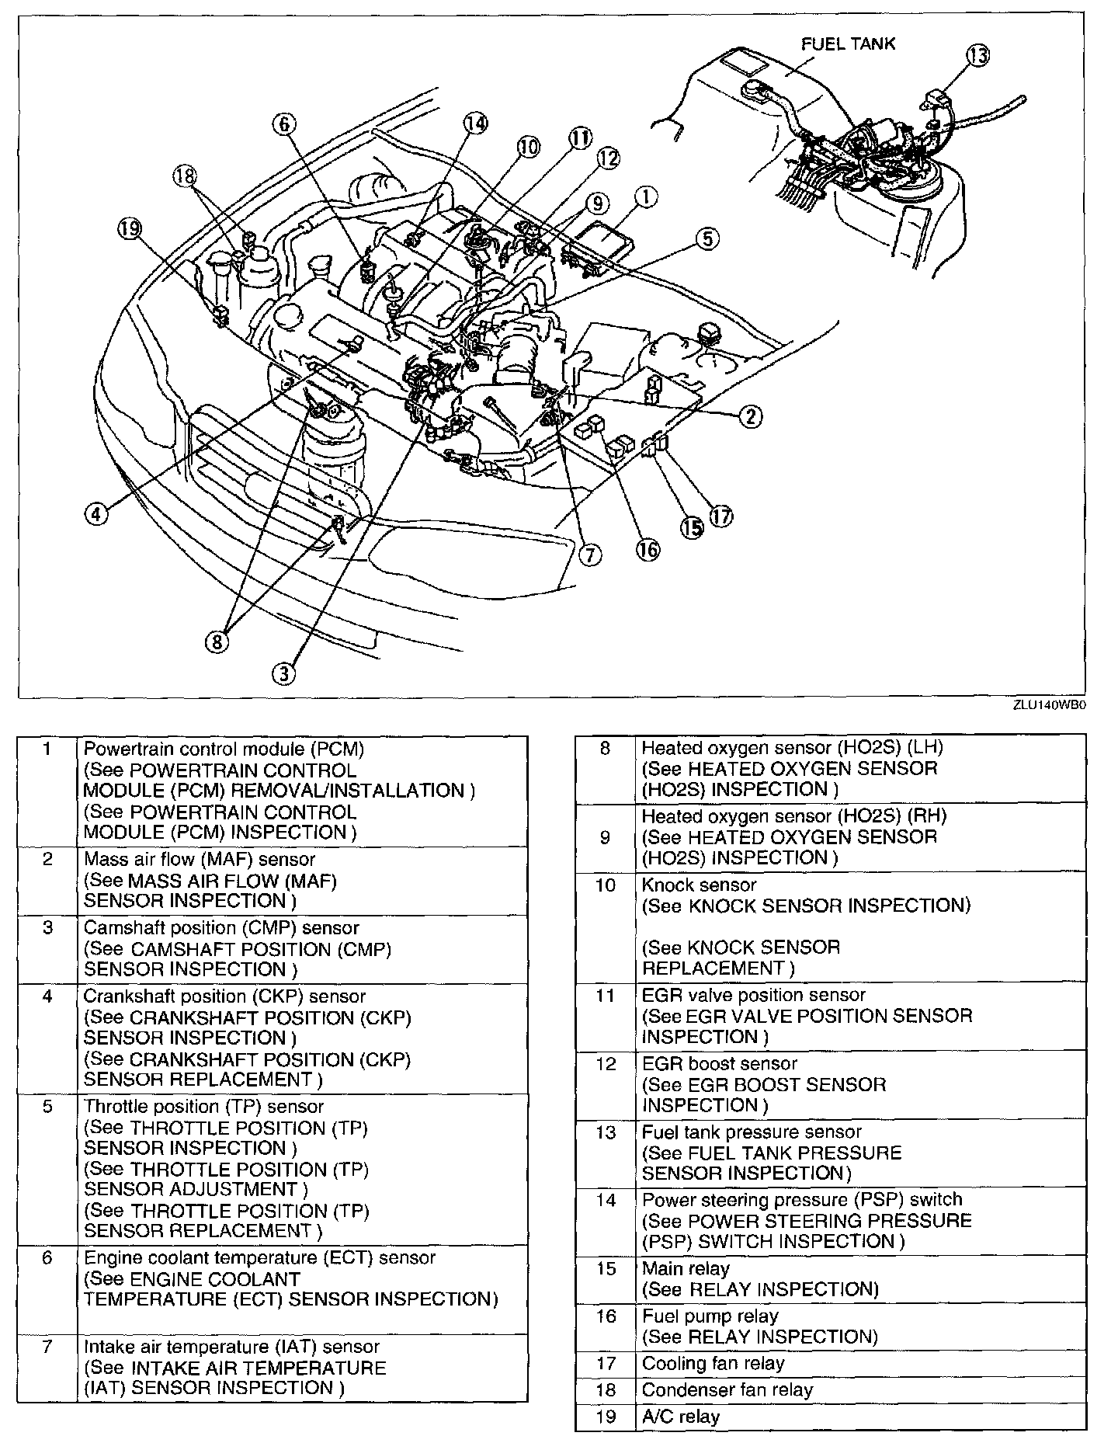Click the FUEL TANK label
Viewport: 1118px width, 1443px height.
coord(848,43)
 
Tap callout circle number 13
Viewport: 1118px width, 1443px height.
coord(978,56)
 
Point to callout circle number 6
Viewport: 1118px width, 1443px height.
coord(284,123)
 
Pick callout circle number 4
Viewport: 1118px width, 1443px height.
coord(95,514)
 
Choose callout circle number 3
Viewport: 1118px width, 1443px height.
coord(284,673)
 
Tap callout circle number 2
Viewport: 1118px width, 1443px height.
coord(749,417)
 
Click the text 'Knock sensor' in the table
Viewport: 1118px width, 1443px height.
coord(699,885)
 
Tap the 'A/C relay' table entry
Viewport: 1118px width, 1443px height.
coord(681,1417)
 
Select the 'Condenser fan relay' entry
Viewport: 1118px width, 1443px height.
coord(727,1389)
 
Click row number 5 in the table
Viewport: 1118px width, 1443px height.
coord(47,1106)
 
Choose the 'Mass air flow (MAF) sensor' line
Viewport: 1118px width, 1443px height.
coord(200,859)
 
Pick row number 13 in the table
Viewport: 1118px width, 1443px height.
coord(606,1132)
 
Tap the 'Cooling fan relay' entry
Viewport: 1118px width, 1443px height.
coord(713,1363)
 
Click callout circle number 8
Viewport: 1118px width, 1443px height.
coord(217,641)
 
